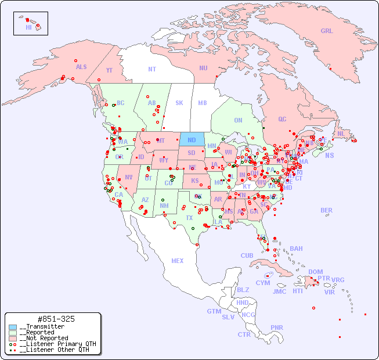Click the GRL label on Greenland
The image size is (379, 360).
coord(327,31)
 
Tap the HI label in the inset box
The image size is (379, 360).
coord(28,27)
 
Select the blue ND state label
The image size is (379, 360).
coord(192,140)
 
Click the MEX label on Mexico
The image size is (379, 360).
coord(178,261)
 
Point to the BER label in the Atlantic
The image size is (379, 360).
coord(327,210)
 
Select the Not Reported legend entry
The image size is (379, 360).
coord(44,338)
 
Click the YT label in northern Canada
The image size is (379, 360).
coord(109,70)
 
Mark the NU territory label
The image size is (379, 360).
coord(203,68)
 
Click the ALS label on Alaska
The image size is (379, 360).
coord(81,67)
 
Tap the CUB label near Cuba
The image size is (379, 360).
coord(247,255)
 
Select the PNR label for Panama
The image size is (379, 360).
coord(277,327)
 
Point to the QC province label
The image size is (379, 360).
coord(282,119)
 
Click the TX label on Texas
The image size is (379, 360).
coord(189,218)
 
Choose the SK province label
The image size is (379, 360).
coord(179,103)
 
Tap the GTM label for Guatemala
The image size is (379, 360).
coord(214,311)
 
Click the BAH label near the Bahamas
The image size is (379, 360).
coord(296,249)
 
